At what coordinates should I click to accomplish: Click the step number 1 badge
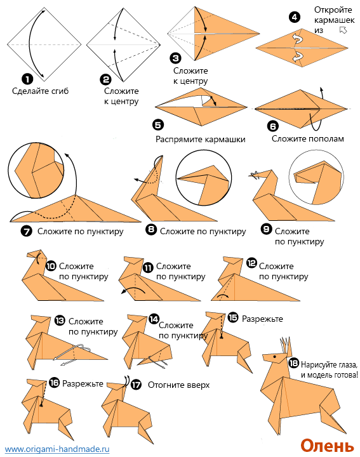27,79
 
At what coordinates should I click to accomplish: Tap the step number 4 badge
295,17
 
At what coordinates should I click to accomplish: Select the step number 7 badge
27,232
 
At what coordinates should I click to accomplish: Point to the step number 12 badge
251,263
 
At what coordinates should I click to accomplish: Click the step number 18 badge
293,363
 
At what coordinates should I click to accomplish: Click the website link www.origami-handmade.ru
57,449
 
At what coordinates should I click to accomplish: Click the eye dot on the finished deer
274,356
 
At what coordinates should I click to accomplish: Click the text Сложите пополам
308,139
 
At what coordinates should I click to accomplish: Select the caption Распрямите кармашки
200,139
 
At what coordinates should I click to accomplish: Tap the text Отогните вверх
178,385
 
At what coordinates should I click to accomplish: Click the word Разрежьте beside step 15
262,319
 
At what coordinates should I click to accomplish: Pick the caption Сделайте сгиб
40,91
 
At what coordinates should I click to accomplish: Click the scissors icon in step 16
42,404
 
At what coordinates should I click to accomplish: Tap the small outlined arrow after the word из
343,30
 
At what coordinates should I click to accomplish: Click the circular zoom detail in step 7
36,170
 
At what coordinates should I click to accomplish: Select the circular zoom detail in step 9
316,177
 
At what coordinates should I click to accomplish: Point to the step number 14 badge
154,319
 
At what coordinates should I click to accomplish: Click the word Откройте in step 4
333,10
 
